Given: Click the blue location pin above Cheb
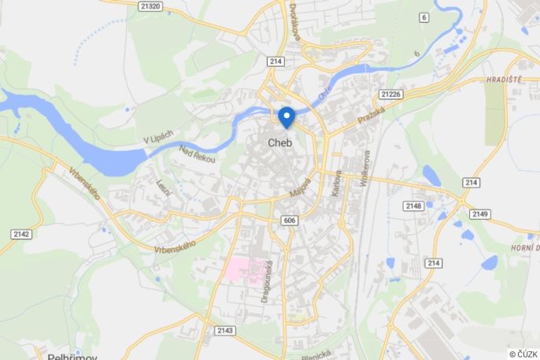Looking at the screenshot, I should [x=287, y=117].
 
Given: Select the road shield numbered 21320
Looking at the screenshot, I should [x=150, y=6].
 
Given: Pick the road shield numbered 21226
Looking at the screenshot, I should [x=390, y=95].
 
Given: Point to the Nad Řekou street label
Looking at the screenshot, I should [x=197, y=154].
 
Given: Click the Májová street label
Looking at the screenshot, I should [x=300, y=187].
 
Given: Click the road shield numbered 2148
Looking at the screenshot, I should [x=414, y=206].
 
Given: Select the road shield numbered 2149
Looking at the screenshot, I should [x=480, y=214].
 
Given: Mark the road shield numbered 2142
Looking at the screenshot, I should [x=21, y=234].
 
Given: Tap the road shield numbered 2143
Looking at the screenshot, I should [x=224, y=331].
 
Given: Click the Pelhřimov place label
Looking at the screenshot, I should [x=72, y=356].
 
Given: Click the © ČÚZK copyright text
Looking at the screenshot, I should [x=523, y=354].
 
